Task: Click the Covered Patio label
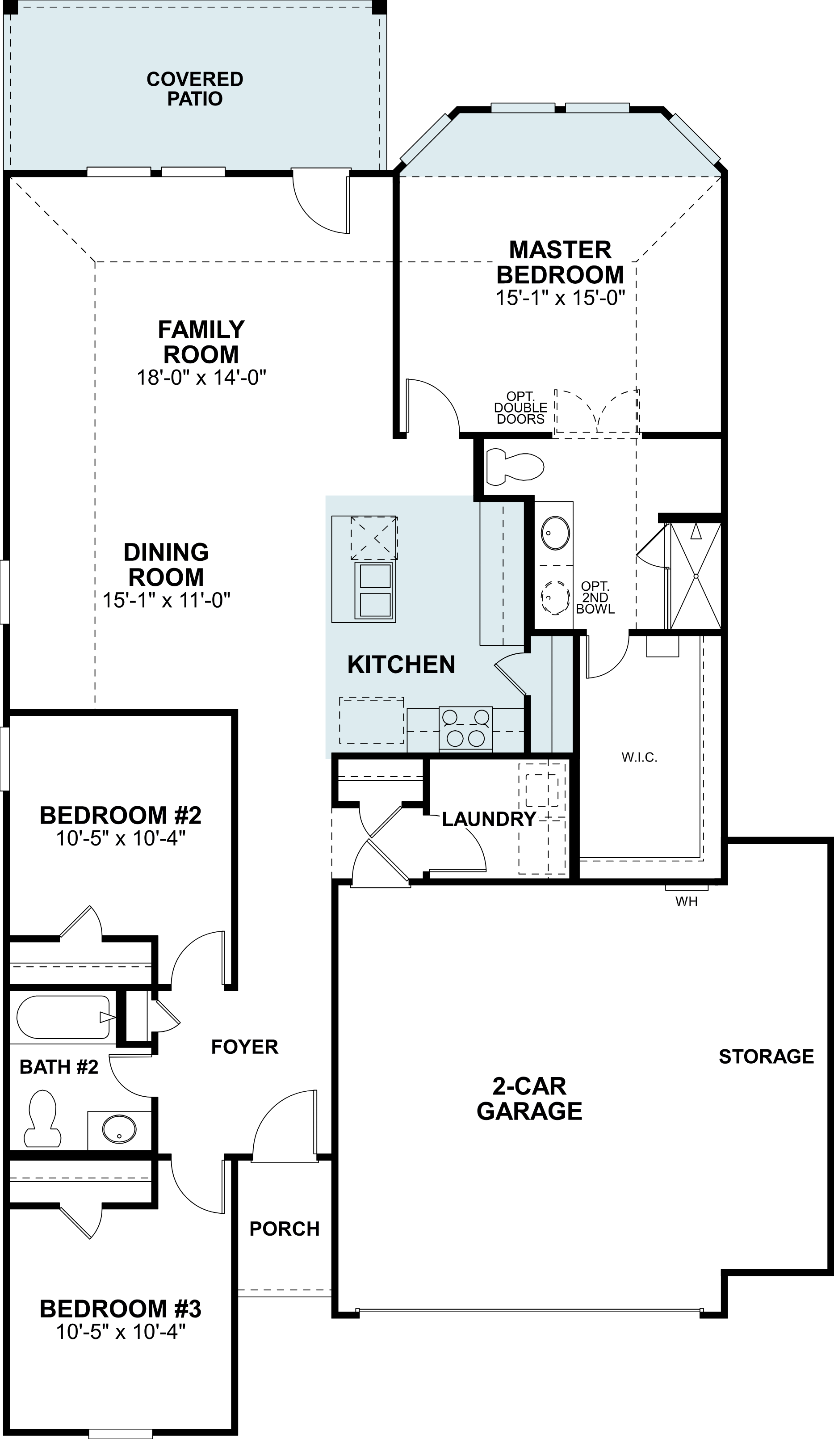click(195, 88)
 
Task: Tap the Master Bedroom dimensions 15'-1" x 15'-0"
click(561, 298)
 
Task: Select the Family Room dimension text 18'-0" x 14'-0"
click(201, 378)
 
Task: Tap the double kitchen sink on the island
click(374, 590)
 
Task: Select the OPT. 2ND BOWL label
click(595, 597)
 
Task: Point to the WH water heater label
click(686, 902)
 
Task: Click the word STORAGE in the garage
click(766, 1056)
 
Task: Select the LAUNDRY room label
click(489, 819)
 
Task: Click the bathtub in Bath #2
click(63, 1017)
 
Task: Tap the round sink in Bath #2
click(119, 1128)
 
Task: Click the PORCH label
click(284, 1228)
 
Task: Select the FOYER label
click(244, 1047)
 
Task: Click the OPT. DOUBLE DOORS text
click(520, 408)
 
